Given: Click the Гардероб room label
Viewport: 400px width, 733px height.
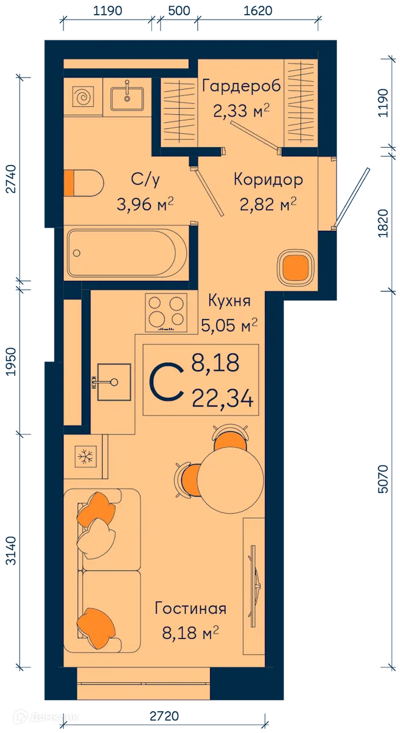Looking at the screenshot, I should [x=241, y=86].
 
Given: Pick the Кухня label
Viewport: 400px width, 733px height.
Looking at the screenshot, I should [x=229, y=301].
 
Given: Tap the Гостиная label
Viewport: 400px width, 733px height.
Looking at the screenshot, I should [x=191, y=608].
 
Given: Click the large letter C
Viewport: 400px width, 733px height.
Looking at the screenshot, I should [x=167, y=382].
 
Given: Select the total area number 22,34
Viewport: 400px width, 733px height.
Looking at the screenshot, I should [x=222, y=400].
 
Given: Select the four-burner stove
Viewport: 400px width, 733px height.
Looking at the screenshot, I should [x=166, y=312].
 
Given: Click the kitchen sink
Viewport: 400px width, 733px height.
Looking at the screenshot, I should [x=113, y=382].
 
